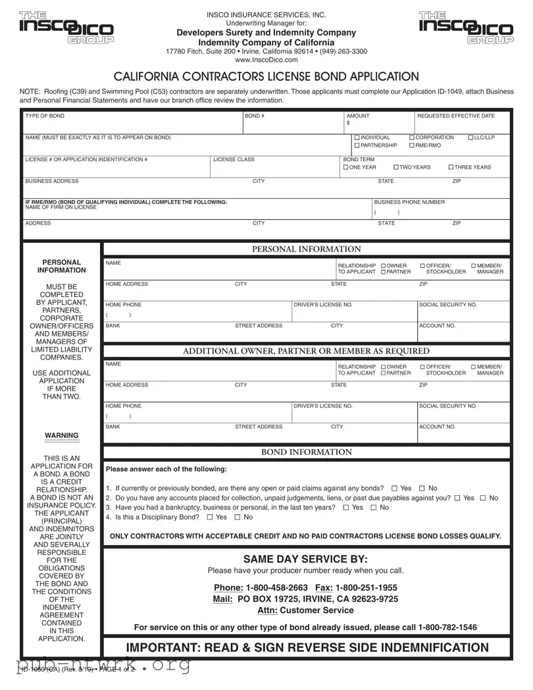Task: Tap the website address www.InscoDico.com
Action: (266, 61)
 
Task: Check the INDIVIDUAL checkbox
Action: (357, 138)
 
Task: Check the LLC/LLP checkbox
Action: (471, 138)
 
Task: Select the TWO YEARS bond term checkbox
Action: (396, 167)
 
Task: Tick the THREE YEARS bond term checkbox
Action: (451, 167)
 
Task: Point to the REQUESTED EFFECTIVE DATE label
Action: (455, 116)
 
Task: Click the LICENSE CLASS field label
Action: (234, 159)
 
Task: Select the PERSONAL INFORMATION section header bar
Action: (307, 249)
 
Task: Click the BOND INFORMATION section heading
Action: (307, 452)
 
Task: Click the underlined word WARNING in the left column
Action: (62, 435)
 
